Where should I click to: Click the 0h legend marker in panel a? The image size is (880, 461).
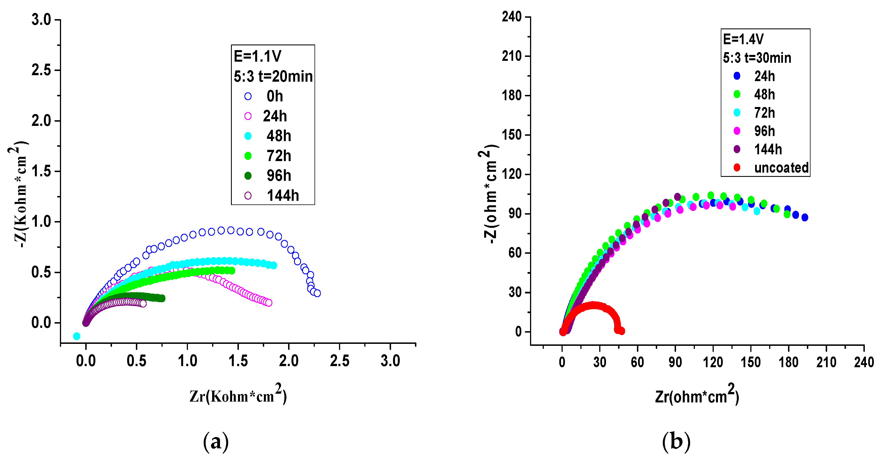(x=248, y=96)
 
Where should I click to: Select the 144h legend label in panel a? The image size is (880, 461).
(x=282, y=196)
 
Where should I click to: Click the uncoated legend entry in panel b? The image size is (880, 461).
(x=781, y=168)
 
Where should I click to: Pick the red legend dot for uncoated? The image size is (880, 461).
(x=737, y=168)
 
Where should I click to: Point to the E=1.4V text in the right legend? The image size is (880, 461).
(x=743, y=39)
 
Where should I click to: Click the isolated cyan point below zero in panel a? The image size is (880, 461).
(x=77, y=336)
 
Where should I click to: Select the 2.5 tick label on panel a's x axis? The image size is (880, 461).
(x=339, y=361)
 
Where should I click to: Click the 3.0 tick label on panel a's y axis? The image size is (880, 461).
(x=41, y=19)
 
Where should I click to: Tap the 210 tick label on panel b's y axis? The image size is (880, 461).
(x=511, y=56)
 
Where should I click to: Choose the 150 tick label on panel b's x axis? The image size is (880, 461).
(x=751, y=362)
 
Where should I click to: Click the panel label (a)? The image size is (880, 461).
(x=215, y=442)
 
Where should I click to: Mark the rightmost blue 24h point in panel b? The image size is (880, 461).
(x=805, y=217)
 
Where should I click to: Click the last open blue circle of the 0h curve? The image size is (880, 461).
(x=317, y=293)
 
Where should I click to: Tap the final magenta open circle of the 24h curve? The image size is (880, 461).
(x=269, y=303)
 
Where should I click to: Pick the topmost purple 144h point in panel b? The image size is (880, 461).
(x=677, y=197)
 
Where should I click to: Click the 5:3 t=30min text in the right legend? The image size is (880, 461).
(x=757, y=58)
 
